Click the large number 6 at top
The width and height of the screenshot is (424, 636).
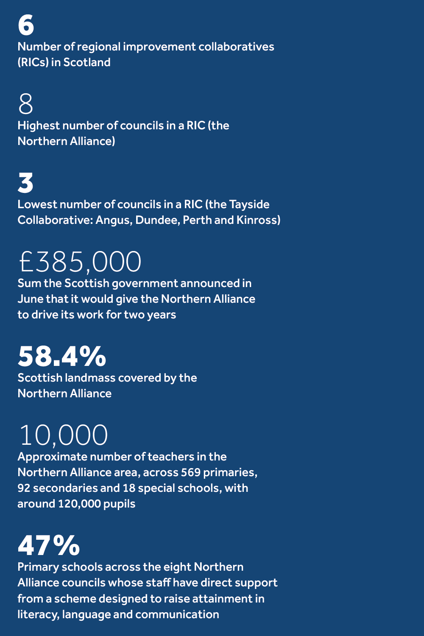26,25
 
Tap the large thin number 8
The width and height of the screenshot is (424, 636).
26,104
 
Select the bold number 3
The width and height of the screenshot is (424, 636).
26,183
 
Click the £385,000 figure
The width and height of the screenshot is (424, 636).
80,262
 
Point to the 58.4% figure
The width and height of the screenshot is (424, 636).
62,356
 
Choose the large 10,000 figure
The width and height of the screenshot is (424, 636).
64,435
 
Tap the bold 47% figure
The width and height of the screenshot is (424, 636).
49,545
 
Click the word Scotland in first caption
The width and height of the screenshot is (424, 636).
87,62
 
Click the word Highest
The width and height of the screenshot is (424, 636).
39,126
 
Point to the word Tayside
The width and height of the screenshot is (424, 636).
249,204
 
